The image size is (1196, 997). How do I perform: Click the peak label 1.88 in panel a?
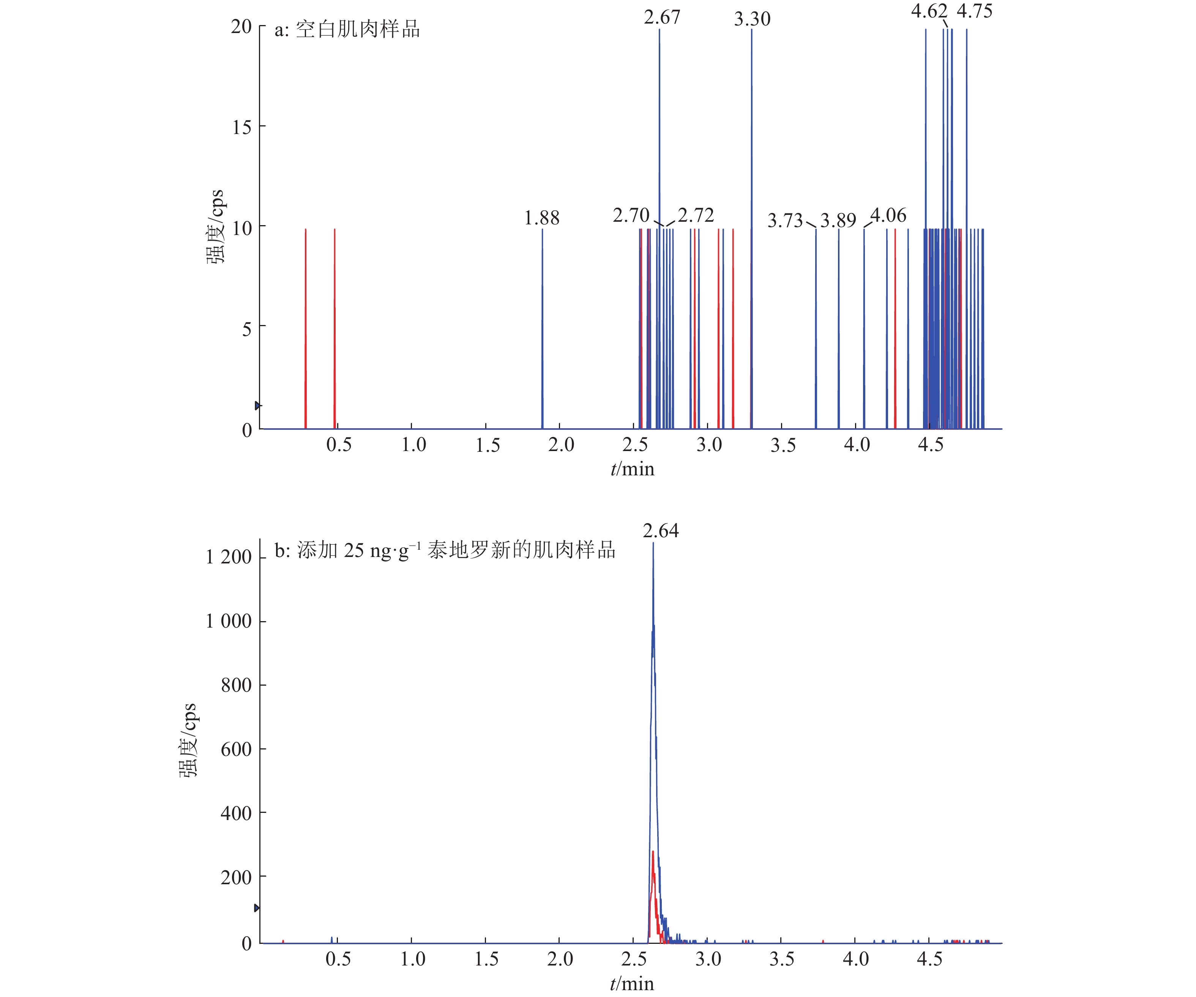click(541, 218)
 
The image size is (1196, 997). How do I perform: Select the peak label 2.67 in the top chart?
click(662, 17)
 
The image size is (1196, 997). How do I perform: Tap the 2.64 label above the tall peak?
click(661, 531)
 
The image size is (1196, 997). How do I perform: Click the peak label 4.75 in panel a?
click(974, 11)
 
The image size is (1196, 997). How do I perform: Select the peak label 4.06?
click(889, 215)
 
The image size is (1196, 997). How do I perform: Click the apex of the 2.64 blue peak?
click(653, 545)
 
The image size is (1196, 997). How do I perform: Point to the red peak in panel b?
click(653, 854)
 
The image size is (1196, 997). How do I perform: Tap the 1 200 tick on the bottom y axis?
click(229, 557)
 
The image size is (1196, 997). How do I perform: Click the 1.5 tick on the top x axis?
click(488, 445)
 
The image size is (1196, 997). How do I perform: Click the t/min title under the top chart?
click(632, 469)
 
